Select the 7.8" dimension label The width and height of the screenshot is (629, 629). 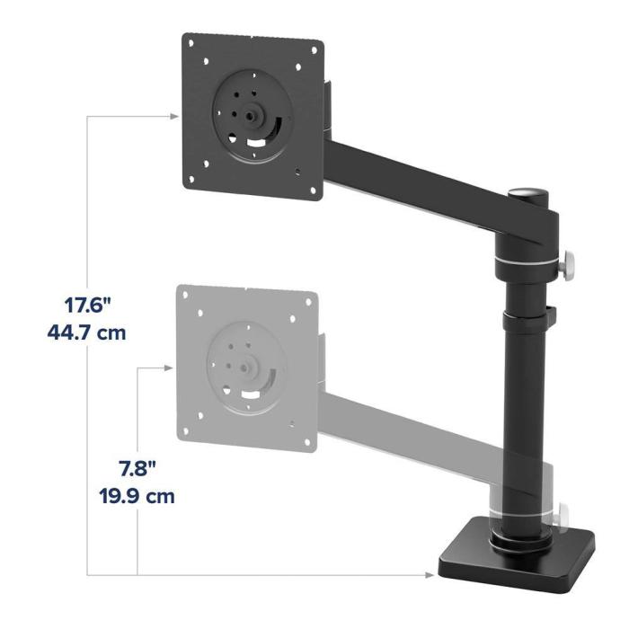(136, 470)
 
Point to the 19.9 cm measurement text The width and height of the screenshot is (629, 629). (136, 495)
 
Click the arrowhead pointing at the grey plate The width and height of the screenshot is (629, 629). (167, 368)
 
